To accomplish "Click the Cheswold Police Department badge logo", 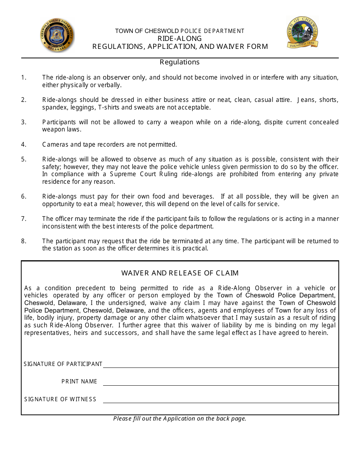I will click(57, 35).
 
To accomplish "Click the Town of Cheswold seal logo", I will click(302, 33).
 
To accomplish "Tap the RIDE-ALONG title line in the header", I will click(180, 38).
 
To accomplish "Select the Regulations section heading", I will click(180, 62).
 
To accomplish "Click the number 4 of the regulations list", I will click(23, 144).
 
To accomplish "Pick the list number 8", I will click(23, 241).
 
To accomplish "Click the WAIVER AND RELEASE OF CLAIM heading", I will click(180, 273).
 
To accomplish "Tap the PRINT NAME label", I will click(80, 382).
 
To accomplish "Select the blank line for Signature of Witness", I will click(221, 400).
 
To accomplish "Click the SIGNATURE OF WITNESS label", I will click(60, 399).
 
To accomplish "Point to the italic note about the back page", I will click(180, 419).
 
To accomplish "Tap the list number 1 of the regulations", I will click(23, 77).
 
